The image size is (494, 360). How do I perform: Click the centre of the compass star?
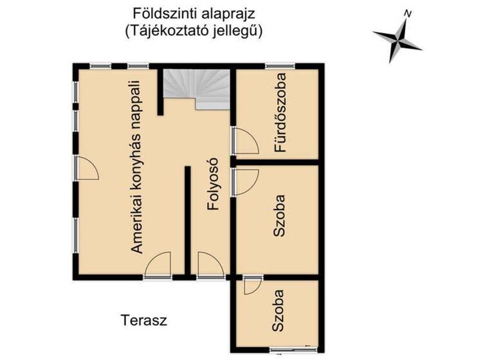tap(398, 38)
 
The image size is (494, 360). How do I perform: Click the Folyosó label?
tap(213, 184)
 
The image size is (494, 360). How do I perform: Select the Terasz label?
tap(143, 319)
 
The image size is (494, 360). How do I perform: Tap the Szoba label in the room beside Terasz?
tap(278, 311)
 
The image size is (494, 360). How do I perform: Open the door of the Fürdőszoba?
tap(244, 141)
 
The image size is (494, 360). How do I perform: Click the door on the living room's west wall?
tap(86, 168)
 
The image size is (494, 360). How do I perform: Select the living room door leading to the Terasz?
tap(158, 265)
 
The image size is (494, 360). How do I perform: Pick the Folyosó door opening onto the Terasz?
tap(210, 265)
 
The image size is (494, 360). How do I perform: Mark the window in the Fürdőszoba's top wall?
tap(280, 66)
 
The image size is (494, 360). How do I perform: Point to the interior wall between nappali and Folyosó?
tap(187, 219)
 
